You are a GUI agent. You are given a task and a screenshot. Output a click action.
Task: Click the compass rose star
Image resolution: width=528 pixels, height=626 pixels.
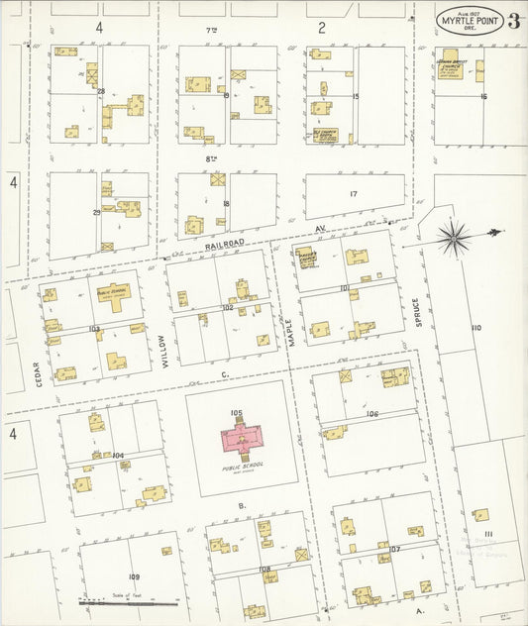pyautogui.click(x=455, y=235)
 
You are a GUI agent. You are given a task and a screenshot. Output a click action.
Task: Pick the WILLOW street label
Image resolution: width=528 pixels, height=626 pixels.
pyautogui.click(x=164, y=349)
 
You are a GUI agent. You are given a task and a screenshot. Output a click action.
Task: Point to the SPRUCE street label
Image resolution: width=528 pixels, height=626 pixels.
pyautogui.click(x=417, y=313)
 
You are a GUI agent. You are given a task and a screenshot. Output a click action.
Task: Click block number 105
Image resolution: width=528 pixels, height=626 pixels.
pyautogui.click(x=236, y=412)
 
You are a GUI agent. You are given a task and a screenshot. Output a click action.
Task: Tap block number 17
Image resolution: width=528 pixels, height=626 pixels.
pyautogui.click(x=353, y=193)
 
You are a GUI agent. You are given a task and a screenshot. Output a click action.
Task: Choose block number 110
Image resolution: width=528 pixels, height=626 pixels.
pyautogui.click(x=476, y=327)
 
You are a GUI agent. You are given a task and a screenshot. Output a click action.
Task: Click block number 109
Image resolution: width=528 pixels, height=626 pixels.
pyautogui.click(x=134, y=575)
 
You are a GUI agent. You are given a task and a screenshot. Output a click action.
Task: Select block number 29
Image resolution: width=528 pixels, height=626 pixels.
pyautogui.click(x=96, y=212)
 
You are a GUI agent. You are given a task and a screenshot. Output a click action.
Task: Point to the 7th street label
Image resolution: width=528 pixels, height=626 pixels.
pyautogui.click(x=211, y=31)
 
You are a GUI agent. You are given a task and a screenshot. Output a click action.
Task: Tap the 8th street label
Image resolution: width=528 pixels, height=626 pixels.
pyautogui.click(x=211, y=157)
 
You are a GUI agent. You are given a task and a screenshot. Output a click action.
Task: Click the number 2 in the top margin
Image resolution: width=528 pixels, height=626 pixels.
pyautogui.click(x=322, y=28)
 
